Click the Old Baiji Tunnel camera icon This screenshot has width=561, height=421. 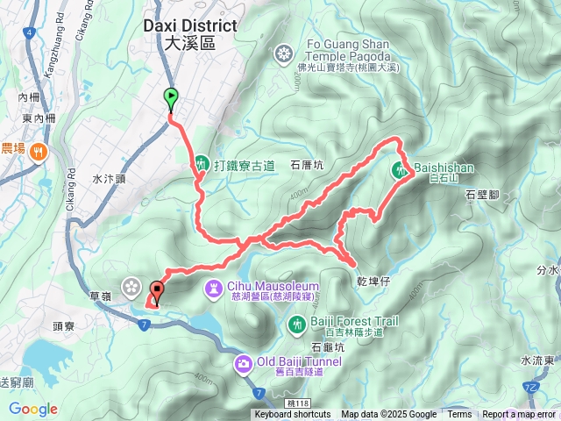pyautogui.click(x=243, y=363)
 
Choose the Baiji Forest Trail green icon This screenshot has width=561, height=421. pyautogui.click(x=296, y=326)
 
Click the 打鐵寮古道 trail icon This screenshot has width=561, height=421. pyautogui.click(x=202, y=163)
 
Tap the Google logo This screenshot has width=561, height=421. pyautogui.click(x=33, y=409)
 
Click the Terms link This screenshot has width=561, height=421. pyautogui.click(x=459, y=415)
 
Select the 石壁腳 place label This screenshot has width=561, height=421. pyautogui.click(x=483, y=195)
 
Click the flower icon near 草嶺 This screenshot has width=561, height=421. pyautogui.click(x=131, y=285)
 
